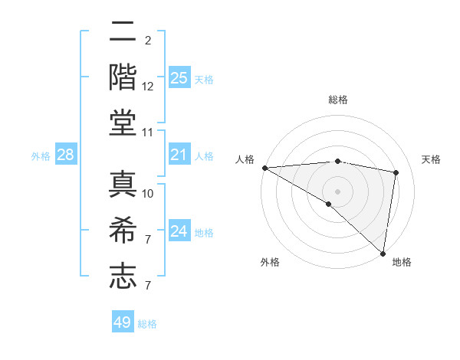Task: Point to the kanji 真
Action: (x=123, y=185)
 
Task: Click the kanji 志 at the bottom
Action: (x=123, y=276)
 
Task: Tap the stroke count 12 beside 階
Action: (x=148, y=87)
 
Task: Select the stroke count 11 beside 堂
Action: (x=148, y=133)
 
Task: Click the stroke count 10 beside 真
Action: (x=148, y=193)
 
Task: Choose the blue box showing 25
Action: (x=179, y=77)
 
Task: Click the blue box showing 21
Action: (x=179, y=155)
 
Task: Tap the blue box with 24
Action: (x=179, y=231)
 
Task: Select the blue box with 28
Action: (x=65, y=155)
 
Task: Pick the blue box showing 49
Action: (x=123, y=322)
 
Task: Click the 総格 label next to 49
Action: (x=147, y=324)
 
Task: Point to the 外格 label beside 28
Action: (x=41, y=156)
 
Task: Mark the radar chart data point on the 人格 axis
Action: (x=264, y=168)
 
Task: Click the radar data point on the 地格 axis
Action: (x=382, y=252)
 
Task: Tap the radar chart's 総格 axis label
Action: (x=337, y=100)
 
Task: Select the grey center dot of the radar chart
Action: (x=337, y=191)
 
